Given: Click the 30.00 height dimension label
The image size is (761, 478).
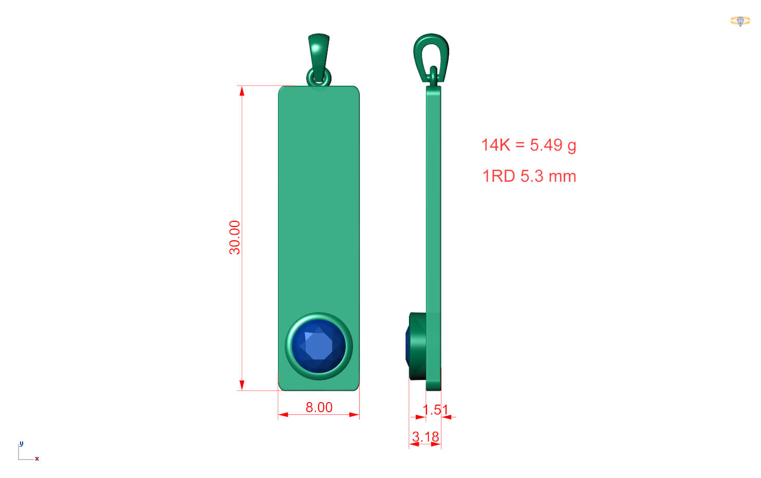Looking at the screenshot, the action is [235, 238].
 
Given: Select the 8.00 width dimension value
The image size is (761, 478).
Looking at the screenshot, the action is [319, 407].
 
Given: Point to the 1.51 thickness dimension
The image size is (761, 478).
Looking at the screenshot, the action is [435, 410].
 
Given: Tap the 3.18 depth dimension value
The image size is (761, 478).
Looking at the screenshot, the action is [425, 436].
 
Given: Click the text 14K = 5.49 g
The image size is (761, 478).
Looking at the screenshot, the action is [529, 145].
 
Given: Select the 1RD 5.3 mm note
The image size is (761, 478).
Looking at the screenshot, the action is [529, 176].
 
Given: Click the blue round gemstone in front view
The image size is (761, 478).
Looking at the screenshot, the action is [319, 346].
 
